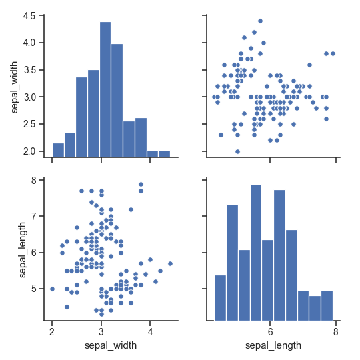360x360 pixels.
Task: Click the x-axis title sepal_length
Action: coord(273,345)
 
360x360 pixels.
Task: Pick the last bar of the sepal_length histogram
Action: coord(327,305)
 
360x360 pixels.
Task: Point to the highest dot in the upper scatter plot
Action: coord(260,21)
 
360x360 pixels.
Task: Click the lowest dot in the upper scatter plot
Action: coord(237,151)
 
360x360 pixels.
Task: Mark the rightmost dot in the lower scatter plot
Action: coord(170,263)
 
